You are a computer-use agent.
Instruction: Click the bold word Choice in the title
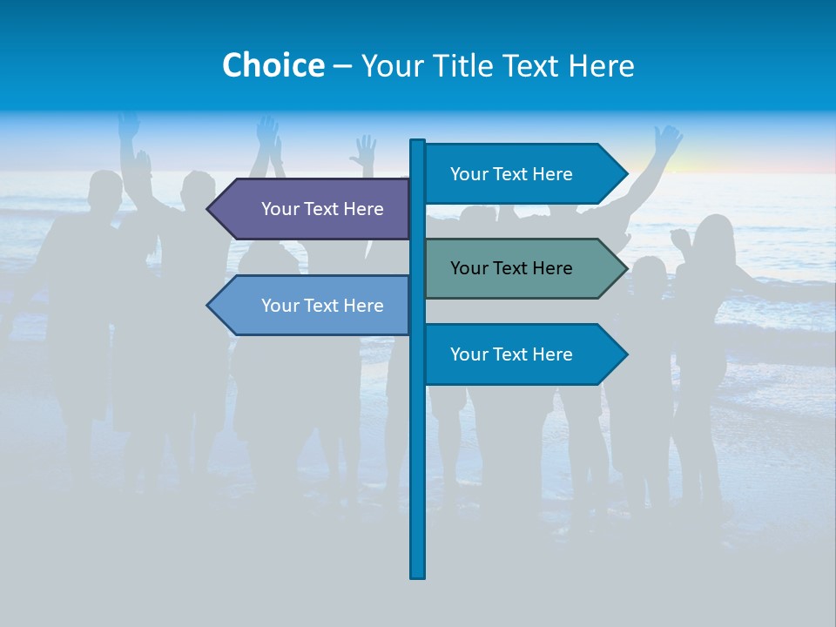pos(273,65)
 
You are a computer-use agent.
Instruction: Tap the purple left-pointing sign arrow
pos(309,209)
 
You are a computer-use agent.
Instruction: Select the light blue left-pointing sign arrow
pos(309,306)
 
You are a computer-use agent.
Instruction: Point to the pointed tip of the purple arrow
pos(209,209)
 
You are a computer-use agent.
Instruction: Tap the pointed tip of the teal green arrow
pos(625,268)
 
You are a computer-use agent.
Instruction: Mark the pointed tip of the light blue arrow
pos(209,306)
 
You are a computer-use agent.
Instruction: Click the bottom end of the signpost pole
pos(418,575)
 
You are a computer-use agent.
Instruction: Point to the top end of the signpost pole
pos(418,142)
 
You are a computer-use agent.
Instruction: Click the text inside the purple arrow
pos(322,209)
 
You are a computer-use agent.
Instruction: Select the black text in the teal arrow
pos(511,268)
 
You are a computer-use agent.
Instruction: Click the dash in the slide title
pos(342,66)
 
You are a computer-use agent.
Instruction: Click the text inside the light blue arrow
pos(322,306)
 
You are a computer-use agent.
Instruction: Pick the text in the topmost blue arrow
pos(511,174)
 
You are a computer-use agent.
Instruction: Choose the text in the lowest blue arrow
pos(511,354)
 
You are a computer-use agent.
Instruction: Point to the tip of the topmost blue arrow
pos(625,174)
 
